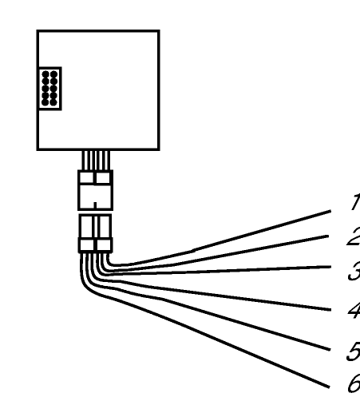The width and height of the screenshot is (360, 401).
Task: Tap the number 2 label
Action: pyautogui.click(x=354, y=236)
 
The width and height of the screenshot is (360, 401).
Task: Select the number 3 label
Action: pyautogui.click(x=354, y=271)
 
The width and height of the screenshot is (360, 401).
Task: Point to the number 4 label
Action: pyautogui.click(x=354, y=310)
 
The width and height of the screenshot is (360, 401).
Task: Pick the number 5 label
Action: pyautogui.click(x=354, y=351)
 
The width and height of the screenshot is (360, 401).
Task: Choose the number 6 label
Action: pyautogui.click(x=354, y=383)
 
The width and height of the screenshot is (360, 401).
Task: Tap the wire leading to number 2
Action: pyautogui.click(x=186, y=263)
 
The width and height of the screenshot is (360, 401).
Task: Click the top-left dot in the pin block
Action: pyautogui.click(x=45, y=74)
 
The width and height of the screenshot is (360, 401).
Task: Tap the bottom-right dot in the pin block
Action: pyautogui.click(x=53, y=102)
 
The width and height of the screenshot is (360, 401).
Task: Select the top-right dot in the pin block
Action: pyautogui.click(x=54, y=74)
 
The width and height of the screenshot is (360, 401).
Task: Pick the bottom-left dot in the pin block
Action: pyautogui.click(x=45, y=102)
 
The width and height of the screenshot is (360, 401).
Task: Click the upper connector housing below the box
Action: pyautogui.click(x=95, y=190)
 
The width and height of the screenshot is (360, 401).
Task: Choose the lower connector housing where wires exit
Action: pyautogui.click(x=95, y=233)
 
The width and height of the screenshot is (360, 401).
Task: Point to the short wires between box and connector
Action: pyautogui.click(x=96, y=161)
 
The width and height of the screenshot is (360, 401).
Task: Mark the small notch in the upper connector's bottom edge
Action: pyautogui.click(x=95, y=205)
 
